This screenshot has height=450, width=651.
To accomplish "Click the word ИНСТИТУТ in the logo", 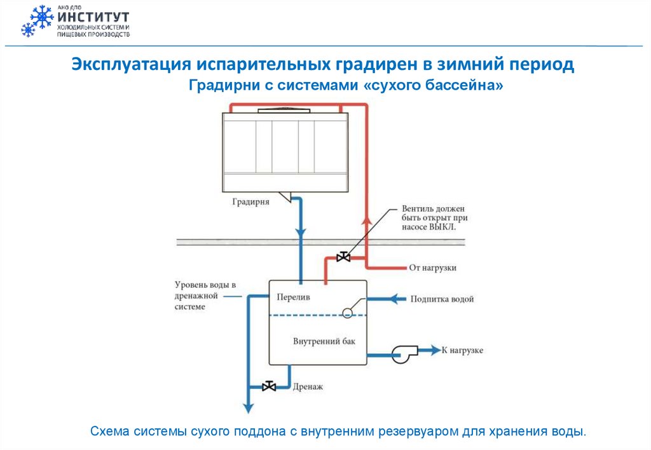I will click(x=93, y=17).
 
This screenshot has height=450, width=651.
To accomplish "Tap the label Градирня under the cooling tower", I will click(x=250, y=202).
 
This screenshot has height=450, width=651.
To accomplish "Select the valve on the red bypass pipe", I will click(x=343, y=257).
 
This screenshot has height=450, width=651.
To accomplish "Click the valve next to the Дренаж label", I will click(x=269, y=386).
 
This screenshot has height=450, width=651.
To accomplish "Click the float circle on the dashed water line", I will click(x=347, y=312).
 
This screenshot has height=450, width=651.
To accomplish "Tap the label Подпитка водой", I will click(x=442, y=299).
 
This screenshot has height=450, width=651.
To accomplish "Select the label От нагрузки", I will click(x=432, y=268).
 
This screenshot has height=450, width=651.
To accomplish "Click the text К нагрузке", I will click(x=462, y=350).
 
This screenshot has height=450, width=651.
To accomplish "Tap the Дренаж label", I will click(x=308, y=386).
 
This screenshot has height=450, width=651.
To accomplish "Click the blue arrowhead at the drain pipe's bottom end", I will click(x=247, y=408).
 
